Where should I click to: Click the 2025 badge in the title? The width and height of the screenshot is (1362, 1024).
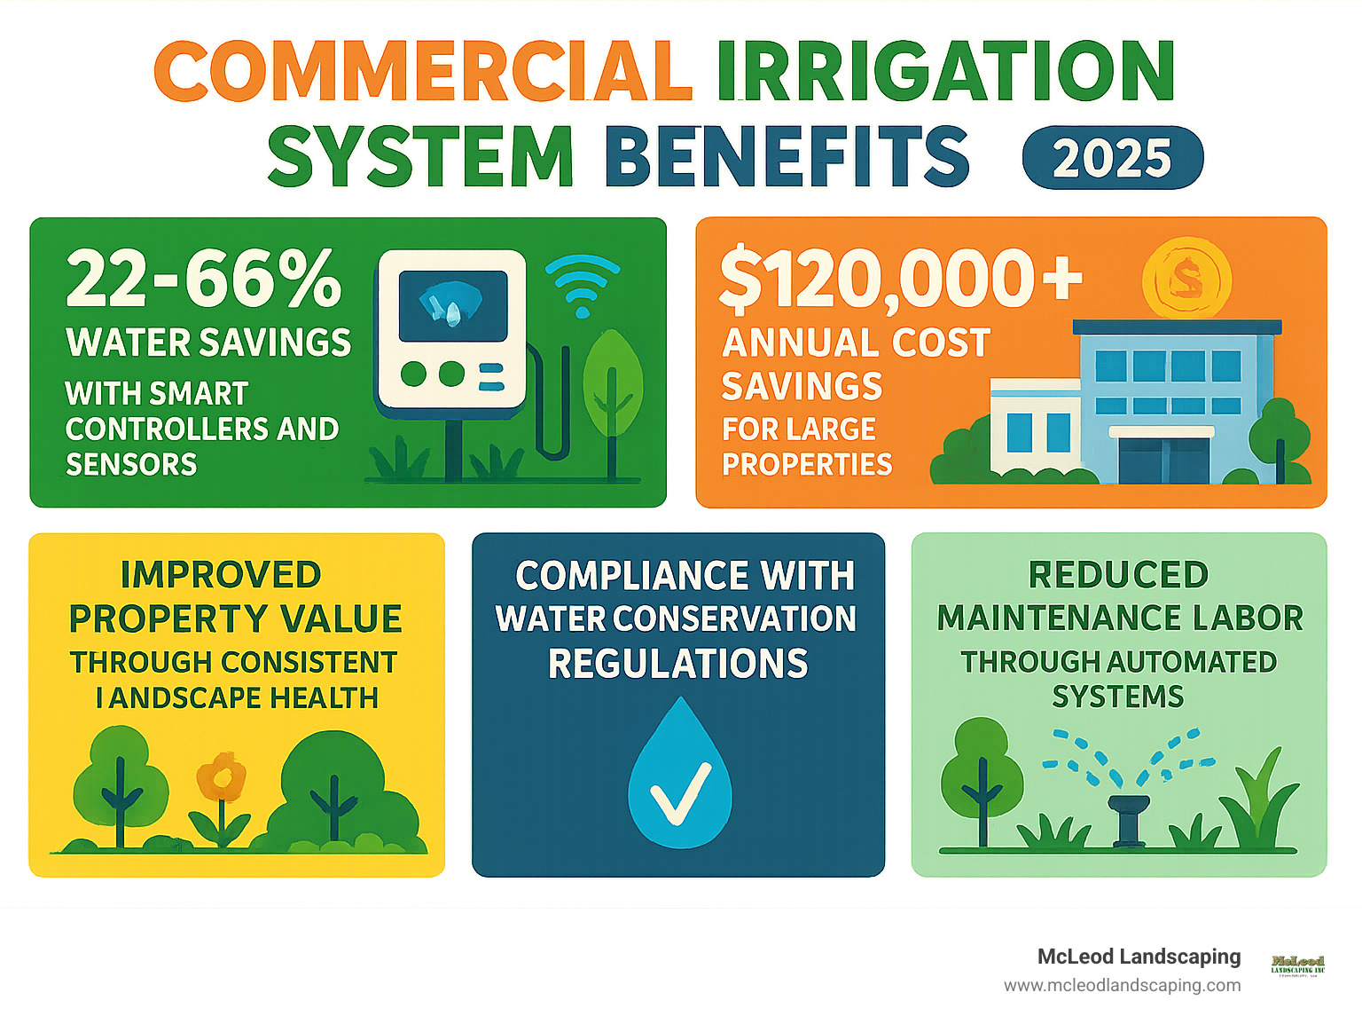tap(1112, 158)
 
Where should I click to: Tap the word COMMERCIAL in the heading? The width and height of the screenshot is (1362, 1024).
tap(423, 72)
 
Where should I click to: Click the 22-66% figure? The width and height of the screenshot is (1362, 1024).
tap(203, 279)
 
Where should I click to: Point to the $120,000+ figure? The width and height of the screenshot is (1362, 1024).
tap(900, 279)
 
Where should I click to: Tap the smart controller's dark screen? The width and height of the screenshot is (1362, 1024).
tap(452, 306)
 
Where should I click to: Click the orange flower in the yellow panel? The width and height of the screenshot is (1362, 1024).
tap(220, 777)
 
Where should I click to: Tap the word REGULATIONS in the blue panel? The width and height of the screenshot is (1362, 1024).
tap(678, 664)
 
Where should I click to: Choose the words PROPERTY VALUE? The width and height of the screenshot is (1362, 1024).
tap(236, 618)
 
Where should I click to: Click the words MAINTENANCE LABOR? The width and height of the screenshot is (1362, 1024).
tap(1120, 618)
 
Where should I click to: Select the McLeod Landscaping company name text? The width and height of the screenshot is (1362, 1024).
tap(1139, 957)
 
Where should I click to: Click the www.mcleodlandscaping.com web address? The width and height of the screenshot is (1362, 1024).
tap(1122, 985)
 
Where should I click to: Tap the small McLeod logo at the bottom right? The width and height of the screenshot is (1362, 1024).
tap(1297, 965)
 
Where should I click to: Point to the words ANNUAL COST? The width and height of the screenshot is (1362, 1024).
tap(856, 343)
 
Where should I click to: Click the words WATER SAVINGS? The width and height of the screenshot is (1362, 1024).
tap(208, 343)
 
